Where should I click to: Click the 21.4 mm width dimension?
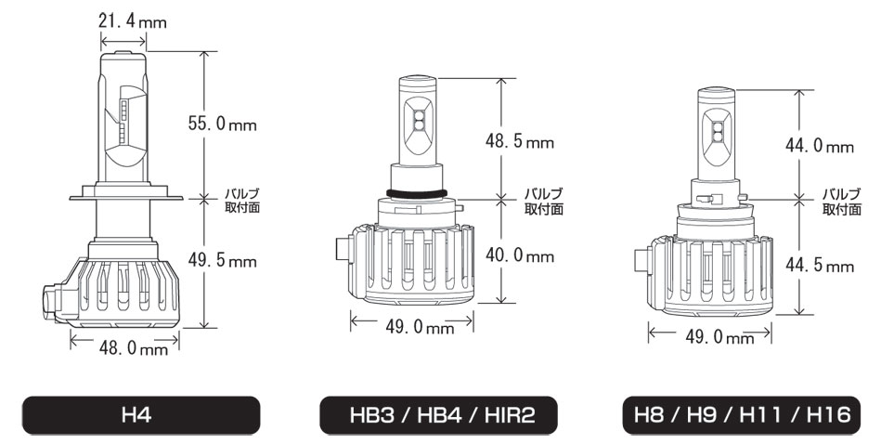pos(133,22)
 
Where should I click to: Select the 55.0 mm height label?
pos(222,124)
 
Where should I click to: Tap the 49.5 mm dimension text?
pos(222,261)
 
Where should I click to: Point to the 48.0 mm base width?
pos(133,348)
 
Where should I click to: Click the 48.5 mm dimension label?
pos(520,141)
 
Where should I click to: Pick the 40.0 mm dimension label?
pos(520,256)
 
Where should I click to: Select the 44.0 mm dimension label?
pos(819,146)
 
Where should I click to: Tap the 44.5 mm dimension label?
pos(819,266)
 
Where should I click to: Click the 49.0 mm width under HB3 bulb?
pos(420,327)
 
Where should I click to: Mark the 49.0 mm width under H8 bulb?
pos(719,337)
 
